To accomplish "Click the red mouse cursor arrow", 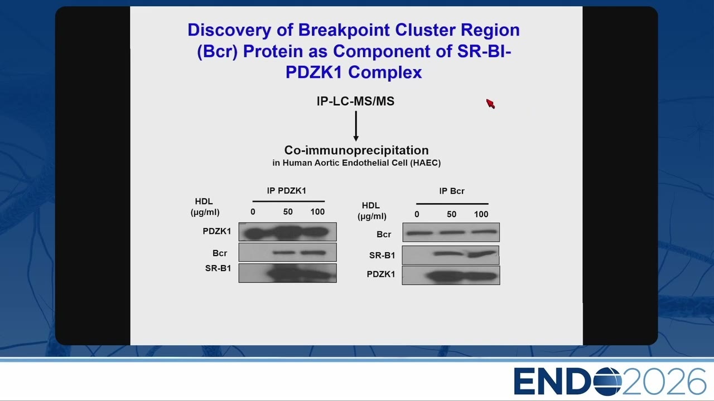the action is tap(490, 104).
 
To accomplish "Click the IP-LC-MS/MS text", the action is tap(355, 101).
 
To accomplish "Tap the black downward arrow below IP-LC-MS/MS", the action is tap(356, 126).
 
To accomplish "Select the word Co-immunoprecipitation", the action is tap(356, 150).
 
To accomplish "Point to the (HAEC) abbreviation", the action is tap(425, 163).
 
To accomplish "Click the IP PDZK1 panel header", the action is tap(286, 190).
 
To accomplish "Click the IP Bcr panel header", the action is tap(452, 191).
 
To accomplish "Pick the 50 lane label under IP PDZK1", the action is tap(288, 212).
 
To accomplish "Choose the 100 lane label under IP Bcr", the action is tap(481, 214).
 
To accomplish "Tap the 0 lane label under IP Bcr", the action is tap(417, 214).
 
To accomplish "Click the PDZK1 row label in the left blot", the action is tap(217, 231).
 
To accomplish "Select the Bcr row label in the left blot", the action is tap(220, 253).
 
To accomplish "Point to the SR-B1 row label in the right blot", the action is tap(382, 255).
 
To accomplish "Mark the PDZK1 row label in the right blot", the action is tap(381, 274).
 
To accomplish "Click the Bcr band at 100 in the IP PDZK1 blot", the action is tap(313, 253).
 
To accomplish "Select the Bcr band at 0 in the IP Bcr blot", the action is tap(420, 233).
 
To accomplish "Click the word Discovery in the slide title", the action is tap(229, 31).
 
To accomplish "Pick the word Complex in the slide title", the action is tap(385, 72).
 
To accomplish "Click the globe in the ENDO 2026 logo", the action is tap(607, 382).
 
